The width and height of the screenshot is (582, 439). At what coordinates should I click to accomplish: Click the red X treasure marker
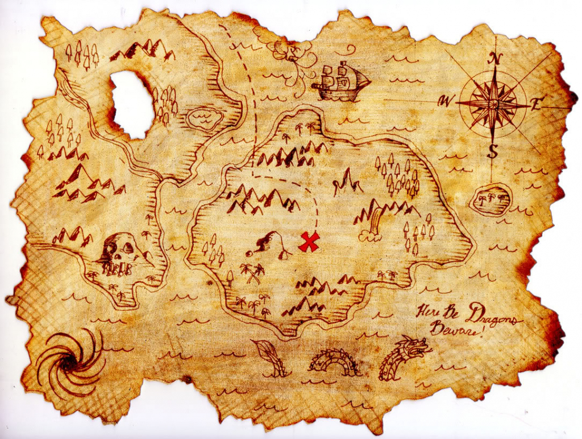coord(309,242)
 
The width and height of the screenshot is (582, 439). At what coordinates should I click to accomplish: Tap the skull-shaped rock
coord(120,253)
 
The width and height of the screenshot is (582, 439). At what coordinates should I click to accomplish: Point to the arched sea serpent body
coord(334,362)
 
